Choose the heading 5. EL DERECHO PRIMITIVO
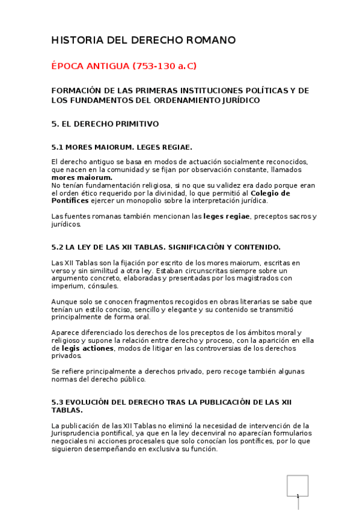[105, 124]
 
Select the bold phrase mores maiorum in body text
[82, 177]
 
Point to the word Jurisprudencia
[79, 433]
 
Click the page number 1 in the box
[297, 496]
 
